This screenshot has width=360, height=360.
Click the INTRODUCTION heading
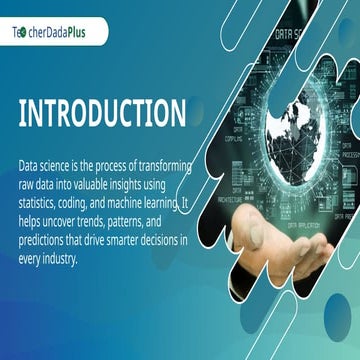click(x=101, y=113)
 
